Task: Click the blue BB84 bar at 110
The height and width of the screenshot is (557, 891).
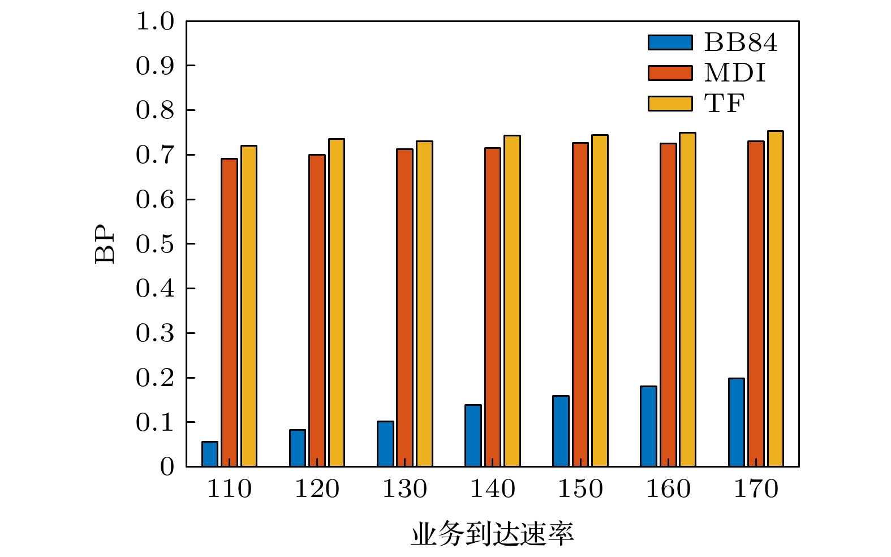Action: coord(210,454)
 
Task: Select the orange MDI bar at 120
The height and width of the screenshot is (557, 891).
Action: coord(317,310)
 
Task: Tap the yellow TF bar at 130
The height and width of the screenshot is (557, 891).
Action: coord(424,303)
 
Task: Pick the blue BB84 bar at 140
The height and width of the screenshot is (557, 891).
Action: coord(473,436)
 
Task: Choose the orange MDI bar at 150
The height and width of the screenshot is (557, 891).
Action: coord(580,305)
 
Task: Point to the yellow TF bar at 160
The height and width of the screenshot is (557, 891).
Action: coord(687,299)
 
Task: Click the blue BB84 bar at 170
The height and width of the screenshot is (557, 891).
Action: coord(737,422)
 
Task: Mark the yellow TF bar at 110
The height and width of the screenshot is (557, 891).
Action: coord(249,306)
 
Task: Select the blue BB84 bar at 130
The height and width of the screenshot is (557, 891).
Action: coord(385,444)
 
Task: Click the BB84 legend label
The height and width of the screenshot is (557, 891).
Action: coord(741,42)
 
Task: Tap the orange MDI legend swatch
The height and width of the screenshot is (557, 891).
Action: coord(670,73)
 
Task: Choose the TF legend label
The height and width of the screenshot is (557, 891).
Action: coord(724,104)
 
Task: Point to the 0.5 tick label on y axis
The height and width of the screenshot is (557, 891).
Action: coord(155,244)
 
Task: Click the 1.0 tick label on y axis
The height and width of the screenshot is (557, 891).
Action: coord(155,22)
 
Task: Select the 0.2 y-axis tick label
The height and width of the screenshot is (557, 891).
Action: coord(155,378)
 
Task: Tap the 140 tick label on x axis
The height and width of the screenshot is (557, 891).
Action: coord(493,489)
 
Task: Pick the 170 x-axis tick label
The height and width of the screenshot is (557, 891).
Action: coord(756,489)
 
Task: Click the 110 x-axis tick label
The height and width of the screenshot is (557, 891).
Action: coord(229,489)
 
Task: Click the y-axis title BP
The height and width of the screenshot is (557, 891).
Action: coord(105,244)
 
